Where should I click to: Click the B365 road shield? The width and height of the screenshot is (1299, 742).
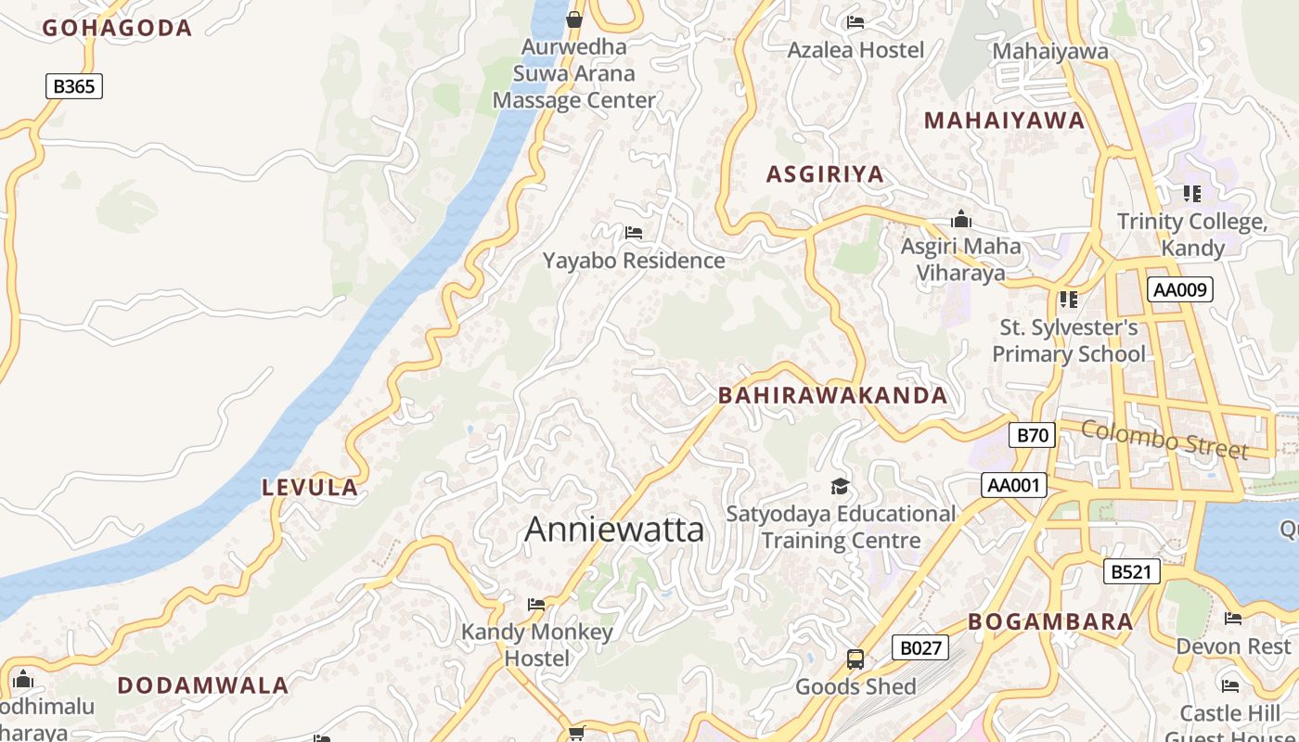74,86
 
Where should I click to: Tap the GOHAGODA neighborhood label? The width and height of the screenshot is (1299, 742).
117,28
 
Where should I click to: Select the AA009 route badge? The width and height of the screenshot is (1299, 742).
1179,289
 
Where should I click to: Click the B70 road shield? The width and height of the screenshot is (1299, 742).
1032,435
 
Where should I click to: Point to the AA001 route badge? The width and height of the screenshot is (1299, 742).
1014,485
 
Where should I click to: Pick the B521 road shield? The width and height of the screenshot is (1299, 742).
1131,571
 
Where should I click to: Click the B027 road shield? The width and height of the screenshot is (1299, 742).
920,647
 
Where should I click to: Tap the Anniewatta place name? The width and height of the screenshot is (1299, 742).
614,530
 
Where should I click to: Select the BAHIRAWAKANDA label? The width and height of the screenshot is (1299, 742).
832,396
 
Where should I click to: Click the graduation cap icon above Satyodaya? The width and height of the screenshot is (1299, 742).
840,487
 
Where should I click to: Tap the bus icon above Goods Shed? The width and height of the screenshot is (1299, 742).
855,659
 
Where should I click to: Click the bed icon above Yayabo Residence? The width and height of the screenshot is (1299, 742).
634,233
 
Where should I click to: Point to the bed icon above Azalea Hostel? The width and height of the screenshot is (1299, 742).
855,22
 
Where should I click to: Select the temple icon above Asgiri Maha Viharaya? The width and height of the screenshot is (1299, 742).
961,220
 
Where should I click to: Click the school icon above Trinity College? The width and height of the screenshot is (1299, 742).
1192,194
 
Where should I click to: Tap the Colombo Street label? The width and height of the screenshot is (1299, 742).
1164,439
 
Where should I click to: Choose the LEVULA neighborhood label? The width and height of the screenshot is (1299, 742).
310,488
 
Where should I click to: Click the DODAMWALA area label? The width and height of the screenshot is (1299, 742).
203,686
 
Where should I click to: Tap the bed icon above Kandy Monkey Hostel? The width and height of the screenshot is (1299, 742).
536,605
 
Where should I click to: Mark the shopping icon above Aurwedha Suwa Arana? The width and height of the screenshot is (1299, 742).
574,19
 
